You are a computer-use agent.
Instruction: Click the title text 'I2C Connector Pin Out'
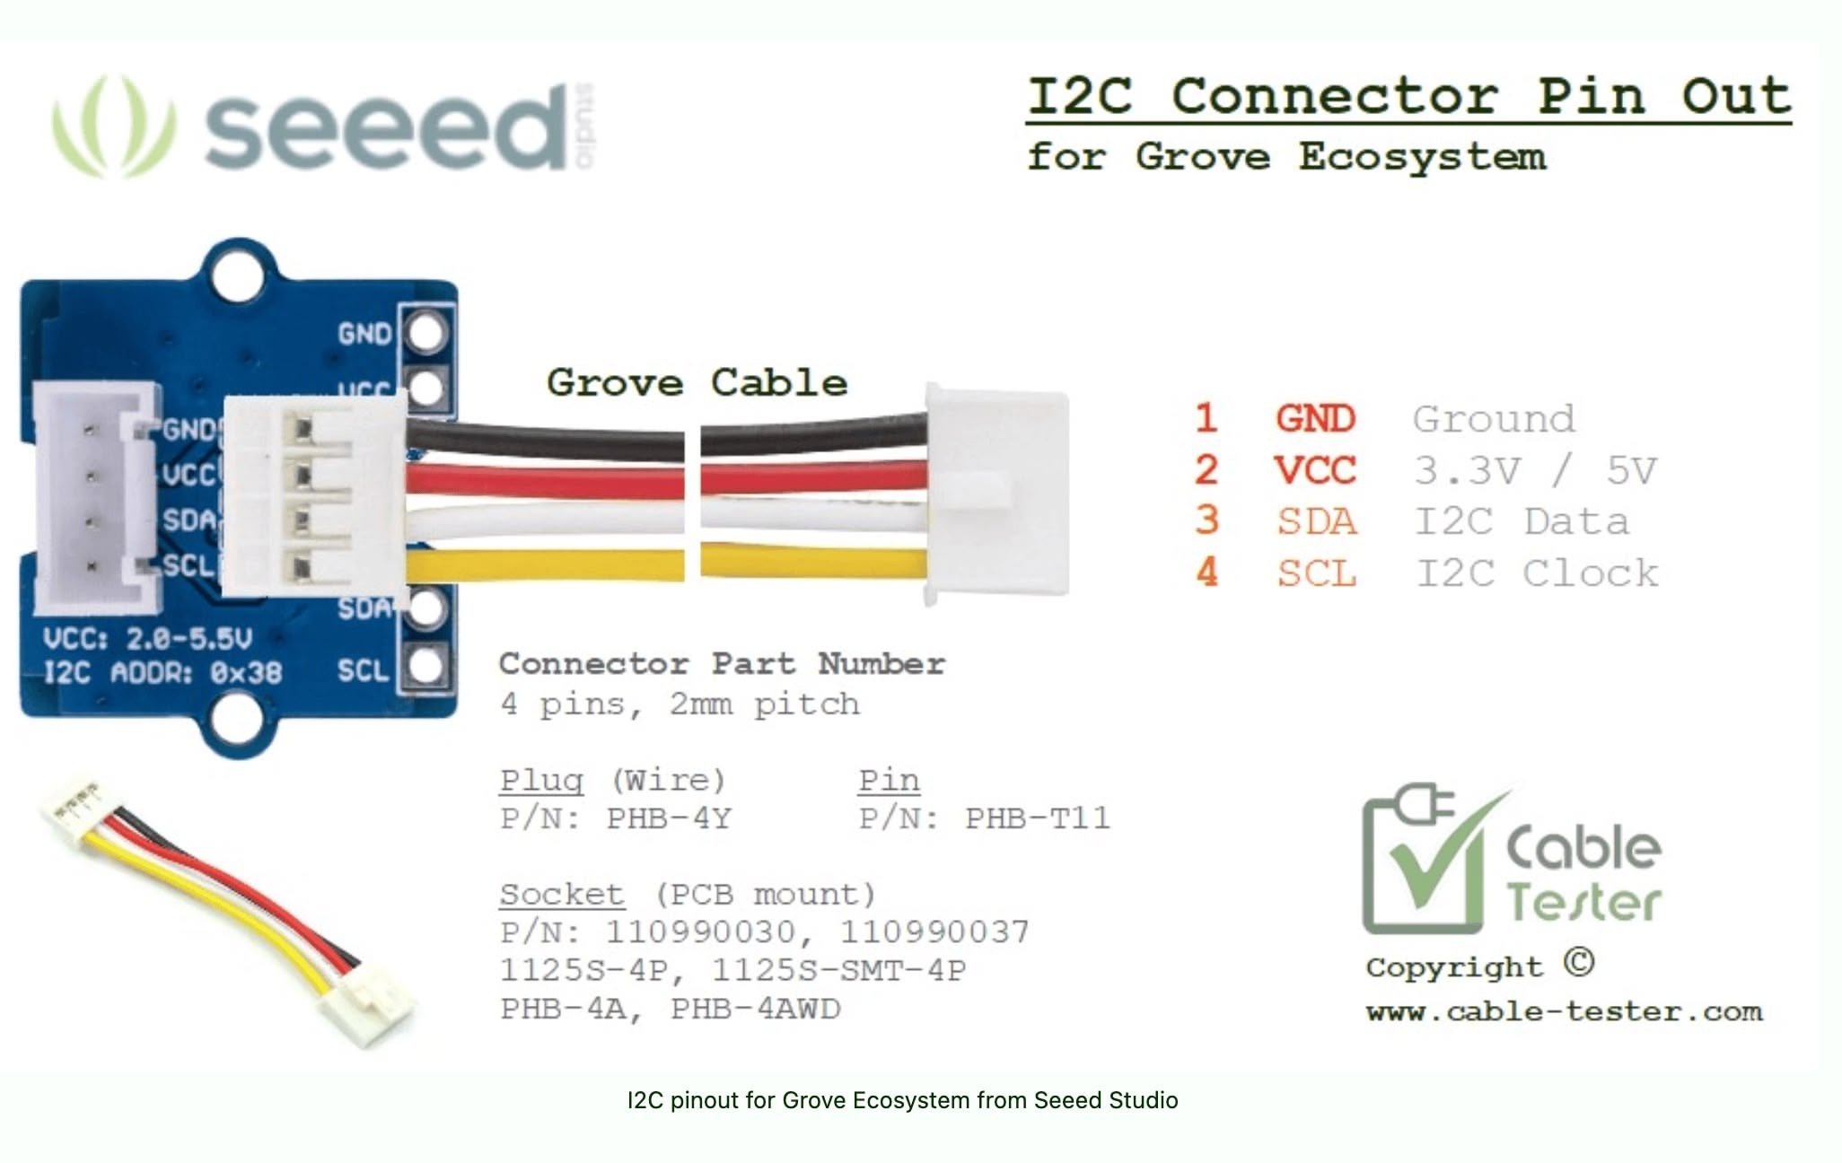[x=1409, y=96]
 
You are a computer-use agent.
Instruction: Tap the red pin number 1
[x=1206, y=418]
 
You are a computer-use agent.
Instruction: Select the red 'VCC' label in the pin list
[x=1314, y=470]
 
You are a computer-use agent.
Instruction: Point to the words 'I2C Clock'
[x=1537, y=573]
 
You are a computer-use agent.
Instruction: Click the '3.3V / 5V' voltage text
[x=1535, y=470]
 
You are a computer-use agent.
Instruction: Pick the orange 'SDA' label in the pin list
[x=1317, y=521]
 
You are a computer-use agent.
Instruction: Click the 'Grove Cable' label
[x=697, y=383]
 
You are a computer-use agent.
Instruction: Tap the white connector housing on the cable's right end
[x=997, y=494]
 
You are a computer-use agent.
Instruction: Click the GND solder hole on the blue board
[x=425, y=333]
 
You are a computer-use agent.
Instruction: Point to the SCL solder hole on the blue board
[x=425, y=666]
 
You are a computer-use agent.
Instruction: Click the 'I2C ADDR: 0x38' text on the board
[x=163, y=673]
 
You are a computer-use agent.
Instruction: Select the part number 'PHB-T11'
[x=1038, y=818]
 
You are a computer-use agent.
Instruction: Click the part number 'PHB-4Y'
[x=669, y=818]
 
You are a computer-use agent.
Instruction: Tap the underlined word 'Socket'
[x=562, y=895]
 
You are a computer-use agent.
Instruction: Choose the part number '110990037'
[x=934, y=932]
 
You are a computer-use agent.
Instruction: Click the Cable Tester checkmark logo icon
[x=1432, y=860]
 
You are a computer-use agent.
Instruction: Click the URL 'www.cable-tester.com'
[x=1565, y=1012]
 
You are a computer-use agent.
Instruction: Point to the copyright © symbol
[x=1579, y=962]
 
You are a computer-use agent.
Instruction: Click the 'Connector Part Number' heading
[x=722, y=664]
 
